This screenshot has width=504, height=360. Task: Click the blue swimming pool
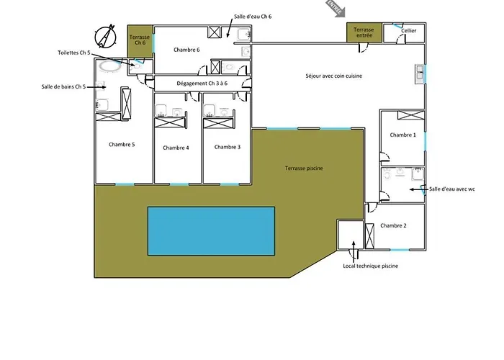pyautogui.click(x=211, y=230)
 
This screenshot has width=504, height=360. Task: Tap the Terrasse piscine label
pyautogui.click(x=304, y=168)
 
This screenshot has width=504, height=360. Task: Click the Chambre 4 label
pyautogui.click(x=176, y=148)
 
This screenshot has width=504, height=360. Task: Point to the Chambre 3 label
pyautogui.click(x=228, y=147)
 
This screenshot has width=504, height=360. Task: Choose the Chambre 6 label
pyautogui.click(x=186, y=50)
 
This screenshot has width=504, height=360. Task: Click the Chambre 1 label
pyautogui.click(x=402, y=135)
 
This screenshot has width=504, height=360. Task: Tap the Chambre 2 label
pyautogui.click(x=393, y=226)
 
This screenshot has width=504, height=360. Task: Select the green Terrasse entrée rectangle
pyautogui.click(x=364, y=32)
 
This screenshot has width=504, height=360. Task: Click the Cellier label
pyautogui.click(x=409, y=31)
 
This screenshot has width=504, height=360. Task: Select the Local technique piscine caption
pyautogui.click(x=370, y=266)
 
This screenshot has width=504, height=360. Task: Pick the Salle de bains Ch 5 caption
pyautogui.click(x=63, y=87)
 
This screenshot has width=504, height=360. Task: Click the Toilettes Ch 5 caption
pyautogui.click(x=74, y=53)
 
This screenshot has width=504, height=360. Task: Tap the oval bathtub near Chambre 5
pyautogui.click(x=110, y=66)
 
